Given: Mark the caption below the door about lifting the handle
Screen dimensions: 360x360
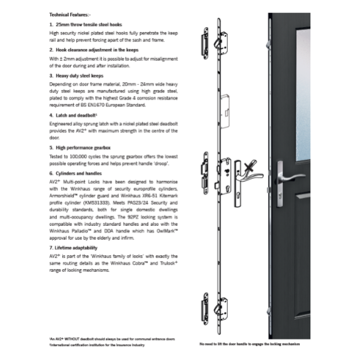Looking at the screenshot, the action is click(x=249, y=344).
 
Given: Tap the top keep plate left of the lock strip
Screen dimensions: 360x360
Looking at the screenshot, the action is click(x=204, y=43).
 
